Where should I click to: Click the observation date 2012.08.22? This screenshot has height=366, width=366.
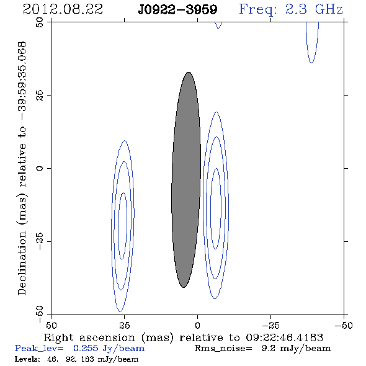coord(63,9)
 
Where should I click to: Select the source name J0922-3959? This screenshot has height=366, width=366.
coord(177,10)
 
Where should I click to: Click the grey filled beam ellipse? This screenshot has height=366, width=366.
coord(186,180)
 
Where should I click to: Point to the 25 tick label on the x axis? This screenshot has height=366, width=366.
coord(124,325)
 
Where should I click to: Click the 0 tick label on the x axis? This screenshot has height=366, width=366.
coord(197,325)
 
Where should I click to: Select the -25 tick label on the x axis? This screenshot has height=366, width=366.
coord(270,325)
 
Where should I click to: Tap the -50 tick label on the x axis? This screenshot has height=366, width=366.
coord(344,325)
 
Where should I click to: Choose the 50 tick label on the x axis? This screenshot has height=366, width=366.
coord(51,325)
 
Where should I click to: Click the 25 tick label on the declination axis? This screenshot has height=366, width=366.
coord(40,96)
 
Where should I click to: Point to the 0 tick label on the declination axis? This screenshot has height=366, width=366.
coord(40,168)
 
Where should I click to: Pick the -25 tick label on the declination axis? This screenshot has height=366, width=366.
coord(40,241)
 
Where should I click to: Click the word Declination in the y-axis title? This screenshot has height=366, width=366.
coord(22,263)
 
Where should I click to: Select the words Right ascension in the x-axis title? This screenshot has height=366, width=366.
coord(89,337)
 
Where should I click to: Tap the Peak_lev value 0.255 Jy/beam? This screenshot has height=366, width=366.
coord(109,349)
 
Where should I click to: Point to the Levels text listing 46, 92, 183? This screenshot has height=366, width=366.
coord(76,359)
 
